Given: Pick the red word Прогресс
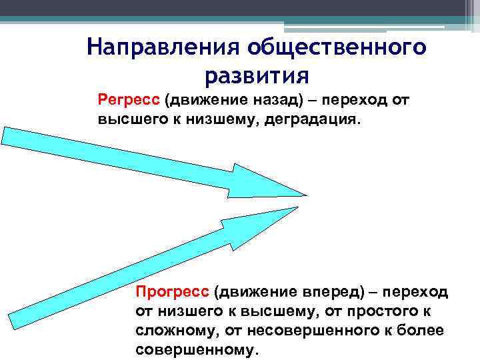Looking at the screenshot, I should (173, 291).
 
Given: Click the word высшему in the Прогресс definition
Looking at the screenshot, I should (275, 311).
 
